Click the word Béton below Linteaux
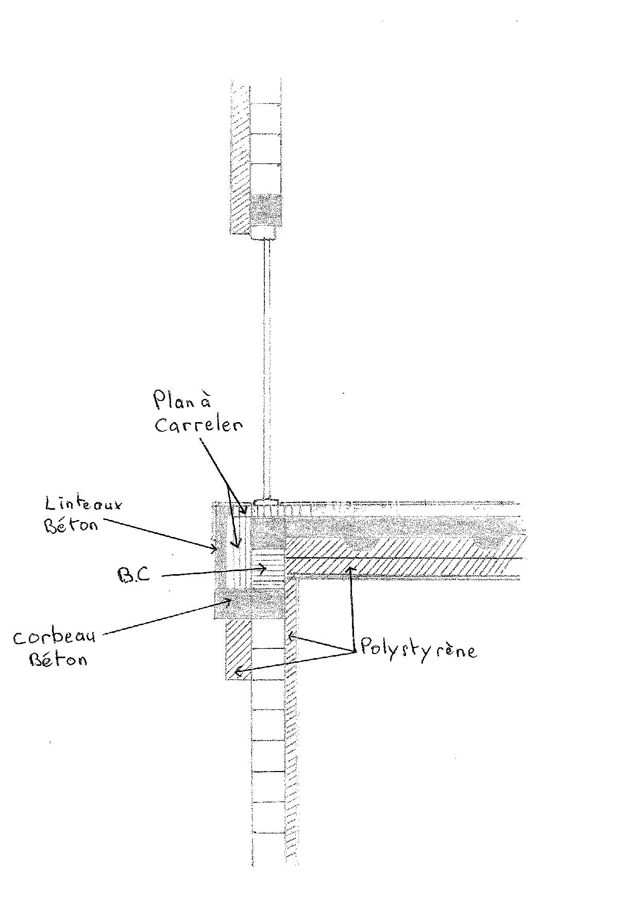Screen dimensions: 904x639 (71, 525)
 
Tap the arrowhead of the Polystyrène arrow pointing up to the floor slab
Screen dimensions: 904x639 (351, 569)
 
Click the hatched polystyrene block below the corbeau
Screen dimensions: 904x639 (238, 649)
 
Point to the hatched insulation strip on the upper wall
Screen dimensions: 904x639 (240, 160)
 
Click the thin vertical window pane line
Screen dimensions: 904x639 (267, 361)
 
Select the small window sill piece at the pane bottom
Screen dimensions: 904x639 (266, 501)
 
